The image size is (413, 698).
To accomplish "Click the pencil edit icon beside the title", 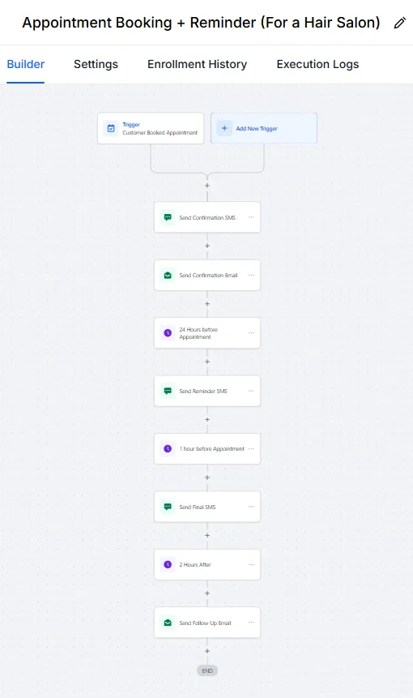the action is coord(400,24).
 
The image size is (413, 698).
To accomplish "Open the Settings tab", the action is coord(96,64).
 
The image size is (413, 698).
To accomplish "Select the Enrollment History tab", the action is coord(197,64).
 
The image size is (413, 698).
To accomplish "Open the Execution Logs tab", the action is coord(317,64).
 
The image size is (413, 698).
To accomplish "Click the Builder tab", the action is coord(26,64).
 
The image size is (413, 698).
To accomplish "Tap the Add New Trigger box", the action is coord(264,128).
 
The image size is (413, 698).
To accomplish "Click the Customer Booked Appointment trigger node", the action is coord(151,128).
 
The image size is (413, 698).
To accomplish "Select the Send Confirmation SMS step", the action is coord(207,217).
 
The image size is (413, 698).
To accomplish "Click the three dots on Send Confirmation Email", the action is coord(251,275).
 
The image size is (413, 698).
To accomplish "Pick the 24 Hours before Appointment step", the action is coord(207,333).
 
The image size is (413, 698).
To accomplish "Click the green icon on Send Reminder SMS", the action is coord(168,391).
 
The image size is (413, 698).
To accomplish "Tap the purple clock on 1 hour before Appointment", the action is coord(168,449).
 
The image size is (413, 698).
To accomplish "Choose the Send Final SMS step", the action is coord(207,507).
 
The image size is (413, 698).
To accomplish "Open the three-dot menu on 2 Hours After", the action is coord(251,564).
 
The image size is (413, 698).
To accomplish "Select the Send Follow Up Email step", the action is coord(207,623).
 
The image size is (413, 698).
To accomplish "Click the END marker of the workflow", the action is coord(207,671).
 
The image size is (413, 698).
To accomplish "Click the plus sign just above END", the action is coord(207,651).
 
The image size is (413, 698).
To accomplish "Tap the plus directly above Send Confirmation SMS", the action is coord(207,185).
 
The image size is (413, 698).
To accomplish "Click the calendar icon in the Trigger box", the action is coord(111,128).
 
